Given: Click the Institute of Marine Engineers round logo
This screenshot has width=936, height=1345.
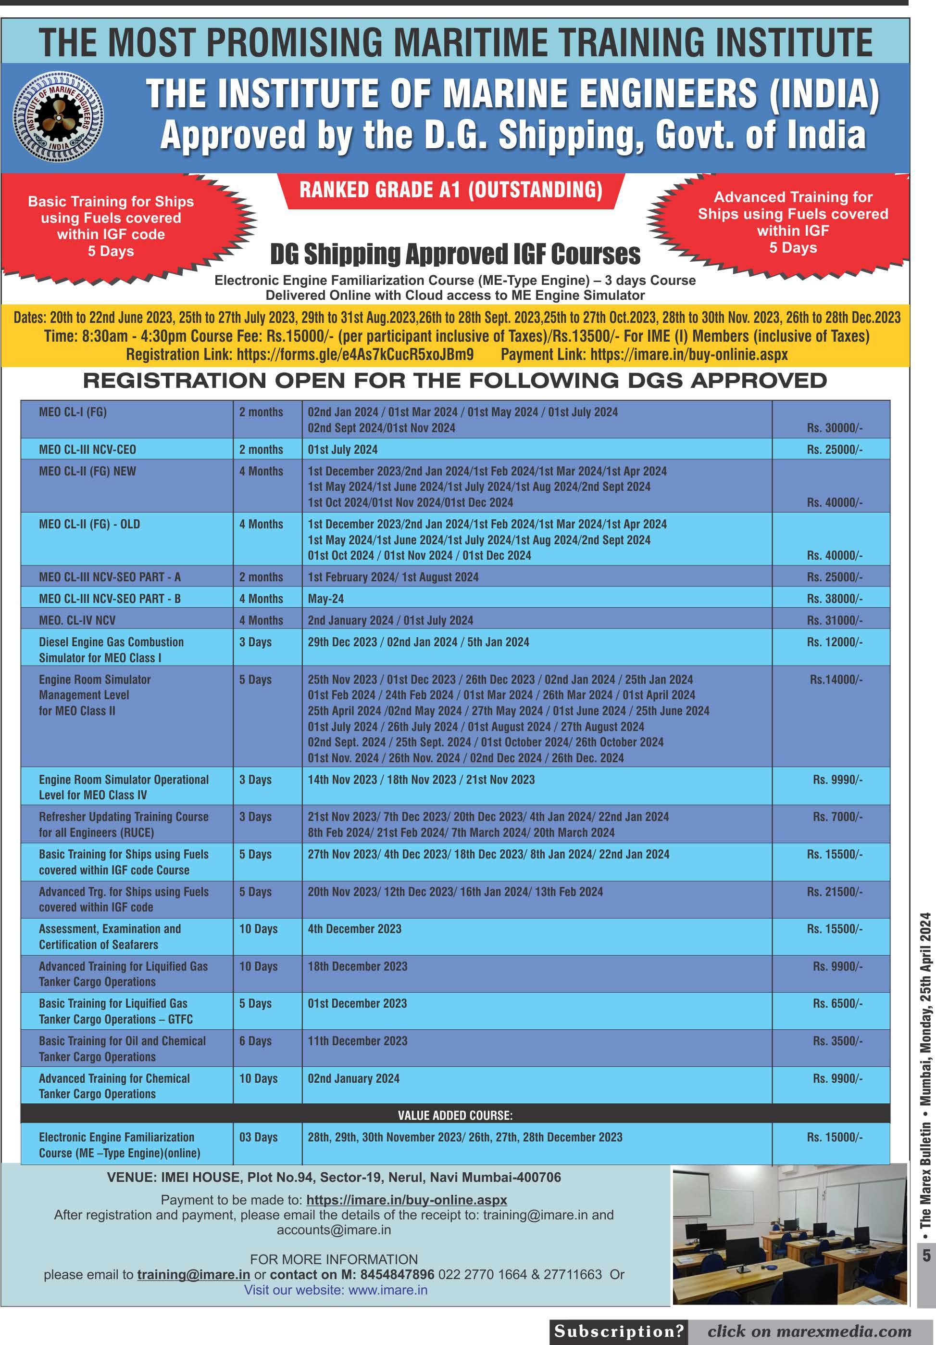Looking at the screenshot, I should pos(59,117).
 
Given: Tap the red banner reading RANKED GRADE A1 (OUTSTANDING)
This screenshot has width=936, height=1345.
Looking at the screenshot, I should pos(451,191).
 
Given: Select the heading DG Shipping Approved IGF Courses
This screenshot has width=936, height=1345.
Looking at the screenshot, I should pos(455,254).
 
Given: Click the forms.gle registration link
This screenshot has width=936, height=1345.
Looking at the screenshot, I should pos(355,354).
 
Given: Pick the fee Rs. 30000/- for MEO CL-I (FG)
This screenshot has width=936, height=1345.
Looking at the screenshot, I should pos(834,428).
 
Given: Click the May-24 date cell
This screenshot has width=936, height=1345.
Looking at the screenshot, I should pos(325,599).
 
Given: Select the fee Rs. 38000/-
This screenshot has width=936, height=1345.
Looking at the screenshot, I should pos(834,599).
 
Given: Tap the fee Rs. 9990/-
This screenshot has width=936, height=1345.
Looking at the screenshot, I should pos(837,780).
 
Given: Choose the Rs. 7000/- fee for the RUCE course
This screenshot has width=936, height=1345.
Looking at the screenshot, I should pos(837,817).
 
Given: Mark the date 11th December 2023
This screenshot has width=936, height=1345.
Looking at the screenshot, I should pos(357,1041).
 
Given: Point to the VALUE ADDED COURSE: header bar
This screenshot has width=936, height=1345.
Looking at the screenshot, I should pos(455,1115).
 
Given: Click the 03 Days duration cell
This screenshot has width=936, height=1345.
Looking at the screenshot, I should pos(258,1137).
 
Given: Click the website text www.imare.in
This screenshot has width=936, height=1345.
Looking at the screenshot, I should pos(387,1290).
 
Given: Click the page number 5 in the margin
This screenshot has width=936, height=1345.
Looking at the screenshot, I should pos(926,1255).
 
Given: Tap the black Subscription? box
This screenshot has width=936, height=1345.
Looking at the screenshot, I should pos(619,1332).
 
